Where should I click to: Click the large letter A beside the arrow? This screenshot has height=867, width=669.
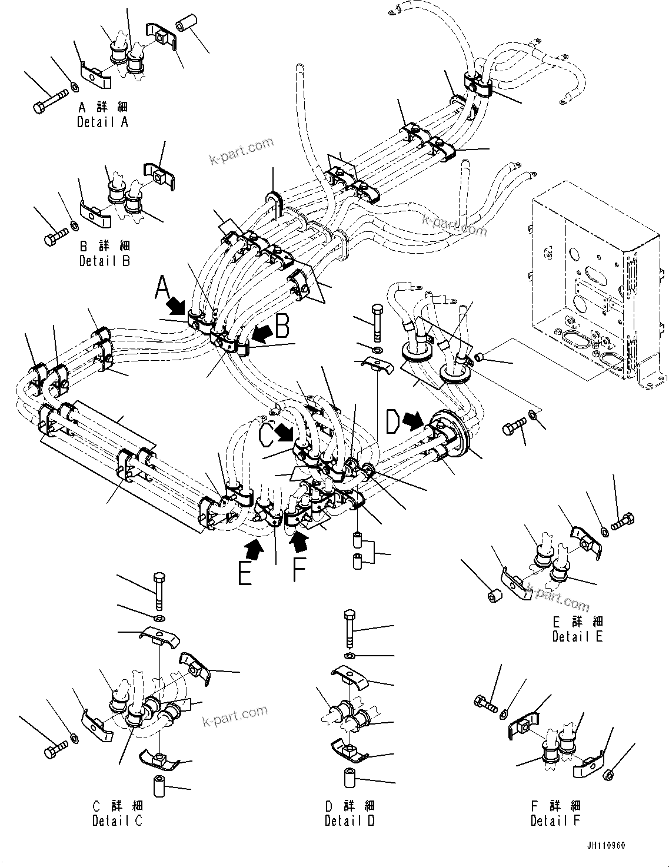162,290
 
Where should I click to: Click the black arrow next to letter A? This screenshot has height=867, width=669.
175,305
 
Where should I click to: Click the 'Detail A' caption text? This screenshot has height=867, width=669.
102,122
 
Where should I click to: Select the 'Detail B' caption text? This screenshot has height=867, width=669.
104,260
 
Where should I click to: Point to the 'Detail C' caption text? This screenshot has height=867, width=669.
117,820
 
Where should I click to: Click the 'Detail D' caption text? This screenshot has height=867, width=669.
350,820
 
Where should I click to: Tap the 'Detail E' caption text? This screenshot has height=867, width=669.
577,636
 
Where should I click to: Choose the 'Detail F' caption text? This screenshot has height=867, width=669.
555,820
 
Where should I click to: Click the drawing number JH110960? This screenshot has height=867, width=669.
605,846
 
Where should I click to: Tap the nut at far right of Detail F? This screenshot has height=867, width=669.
610,775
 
